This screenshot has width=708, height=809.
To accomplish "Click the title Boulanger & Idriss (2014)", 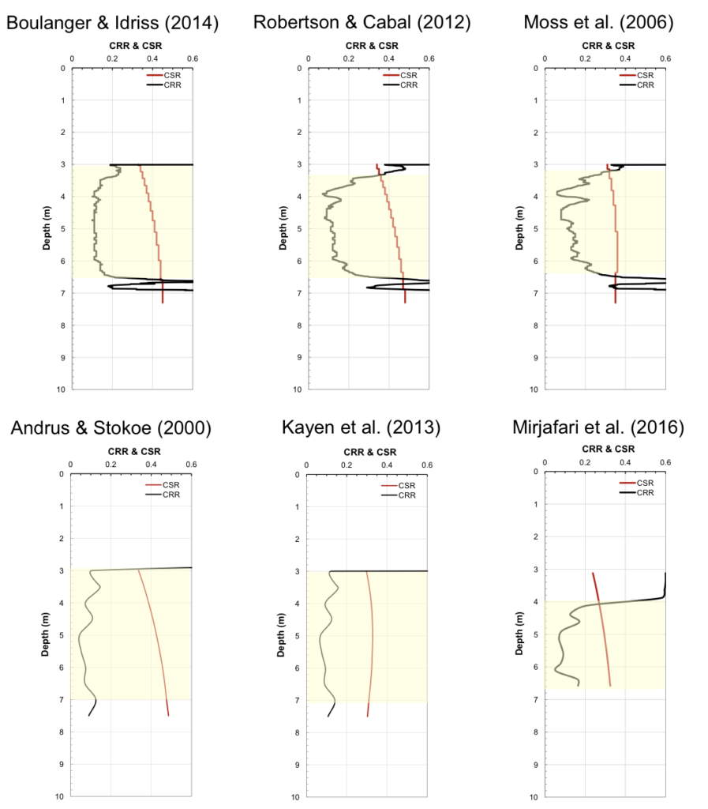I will (x=112, y=23).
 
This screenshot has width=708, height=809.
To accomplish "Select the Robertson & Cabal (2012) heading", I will (x=361, y=23).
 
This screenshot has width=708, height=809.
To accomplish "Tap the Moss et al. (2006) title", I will (x=598, y=23).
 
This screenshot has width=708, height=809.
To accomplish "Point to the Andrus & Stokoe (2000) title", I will (x=111, y=429).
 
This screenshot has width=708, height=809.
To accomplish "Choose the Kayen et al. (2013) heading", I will (x=361, y=429).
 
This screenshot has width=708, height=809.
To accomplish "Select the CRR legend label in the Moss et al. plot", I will (x=646, y=85).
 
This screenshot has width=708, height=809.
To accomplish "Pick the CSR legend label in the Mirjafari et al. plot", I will (x=646, y=482).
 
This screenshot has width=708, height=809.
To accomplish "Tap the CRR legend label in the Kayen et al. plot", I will (x=406, y=495).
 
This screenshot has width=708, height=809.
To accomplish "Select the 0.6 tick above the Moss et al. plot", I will (x=665, y=58).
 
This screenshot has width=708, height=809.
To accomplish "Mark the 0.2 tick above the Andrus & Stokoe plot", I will (x=111, y=465).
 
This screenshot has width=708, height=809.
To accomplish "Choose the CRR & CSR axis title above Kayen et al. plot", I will (x=367, y=452).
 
